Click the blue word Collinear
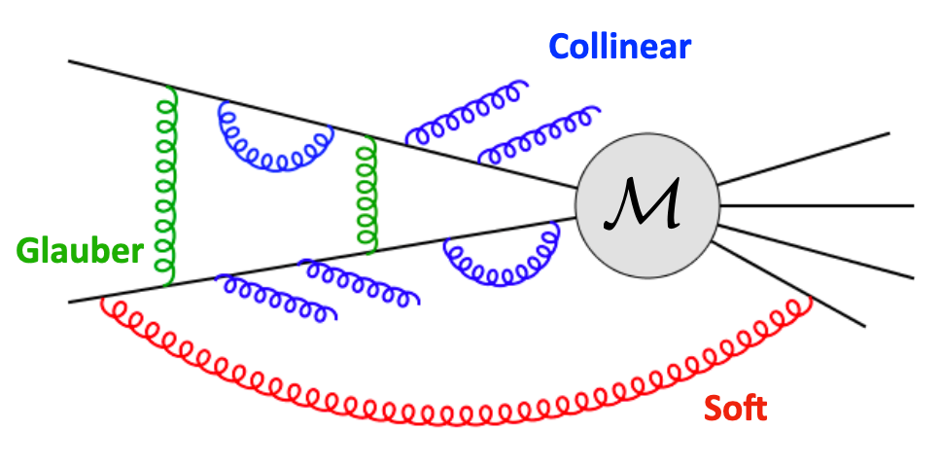pos(619,46)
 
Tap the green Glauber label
pos(79,252)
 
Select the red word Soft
pos(735,408)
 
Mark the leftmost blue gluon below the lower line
pos(276,296)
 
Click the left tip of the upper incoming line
pos(70,62)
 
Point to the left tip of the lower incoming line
pos(70,302)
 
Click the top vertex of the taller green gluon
pos(172,86)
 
